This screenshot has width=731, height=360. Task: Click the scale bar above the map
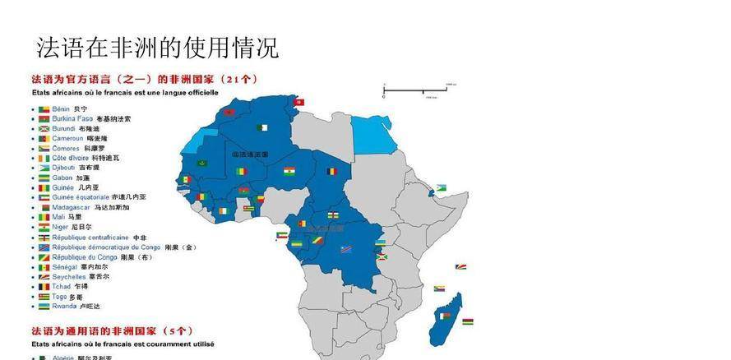click(419, 87)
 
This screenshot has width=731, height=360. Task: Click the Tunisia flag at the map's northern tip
click(300, 102)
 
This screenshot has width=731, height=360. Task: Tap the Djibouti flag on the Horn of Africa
click(441, 188)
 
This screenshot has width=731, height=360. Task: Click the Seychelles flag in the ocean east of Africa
click(462, 267)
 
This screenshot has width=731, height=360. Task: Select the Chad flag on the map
click(331, 172)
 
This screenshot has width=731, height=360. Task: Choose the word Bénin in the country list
click(61, 108)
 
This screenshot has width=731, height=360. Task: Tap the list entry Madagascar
click(72, 207)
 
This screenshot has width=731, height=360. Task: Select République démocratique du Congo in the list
click(106, 247)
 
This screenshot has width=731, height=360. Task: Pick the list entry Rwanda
click(63, 306)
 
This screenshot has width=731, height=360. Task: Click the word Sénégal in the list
click(64, 266)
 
